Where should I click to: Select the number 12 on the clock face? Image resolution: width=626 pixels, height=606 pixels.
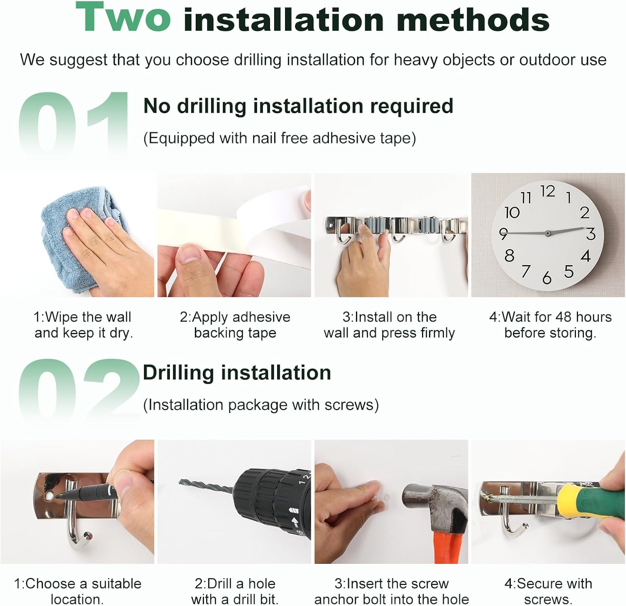click(548, 191)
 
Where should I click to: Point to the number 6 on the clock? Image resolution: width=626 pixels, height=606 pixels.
click(547, 278)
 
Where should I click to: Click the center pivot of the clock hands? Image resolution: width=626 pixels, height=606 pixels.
click(548, 233)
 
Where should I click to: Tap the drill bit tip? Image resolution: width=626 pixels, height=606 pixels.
click(181, 482)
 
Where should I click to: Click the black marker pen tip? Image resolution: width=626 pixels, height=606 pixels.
click(58, 496)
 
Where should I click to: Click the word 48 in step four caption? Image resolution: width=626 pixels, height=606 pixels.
click(563, 317)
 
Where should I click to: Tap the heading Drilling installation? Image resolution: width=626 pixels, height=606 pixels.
click(237, 373)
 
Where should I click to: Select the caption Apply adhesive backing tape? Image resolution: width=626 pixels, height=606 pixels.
click(235, 325)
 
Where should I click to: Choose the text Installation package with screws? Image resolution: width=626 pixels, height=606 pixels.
click(261, 405)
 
